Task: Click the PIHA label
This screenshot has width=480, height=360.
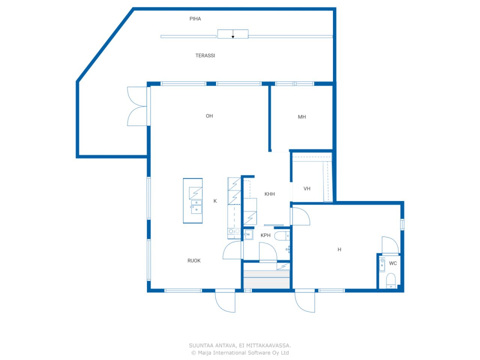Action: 195,19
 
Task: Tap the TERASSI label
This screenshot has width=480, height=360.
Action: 205,55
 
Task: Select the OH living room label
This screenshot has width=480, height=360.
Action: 209,116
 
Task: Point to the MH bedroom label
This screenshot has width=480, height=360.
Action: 302,117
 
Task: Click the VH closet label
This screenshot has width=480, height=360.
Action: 307,189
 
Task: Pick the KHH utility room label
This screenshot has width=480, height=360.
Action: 269,194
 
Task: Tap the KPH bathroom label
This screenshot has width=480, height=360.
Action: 265,235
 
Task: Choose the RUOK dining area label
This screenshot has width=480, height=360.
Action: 194,261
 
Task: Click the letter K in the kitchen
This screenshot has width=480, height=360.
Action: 215,201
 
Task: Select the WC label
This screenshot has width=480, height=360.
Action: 393,263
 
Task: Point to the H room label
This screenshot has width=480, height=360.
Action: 339,249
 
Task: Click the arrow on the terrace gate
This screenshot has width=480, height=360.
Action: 233,34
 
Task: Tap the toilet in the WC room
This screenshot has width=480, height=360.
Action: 391,280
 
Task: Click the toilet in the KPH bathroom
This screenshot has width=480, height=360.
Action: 282,236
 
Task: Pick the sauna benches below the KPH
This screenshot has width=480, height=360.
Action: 266,279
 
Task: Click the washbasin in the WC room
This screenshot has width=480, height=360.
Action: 382,265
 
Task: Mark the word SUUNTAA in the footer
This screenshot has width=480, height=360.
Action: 201,346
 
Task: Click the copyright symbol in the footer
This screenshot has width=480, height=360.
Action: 193,353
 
